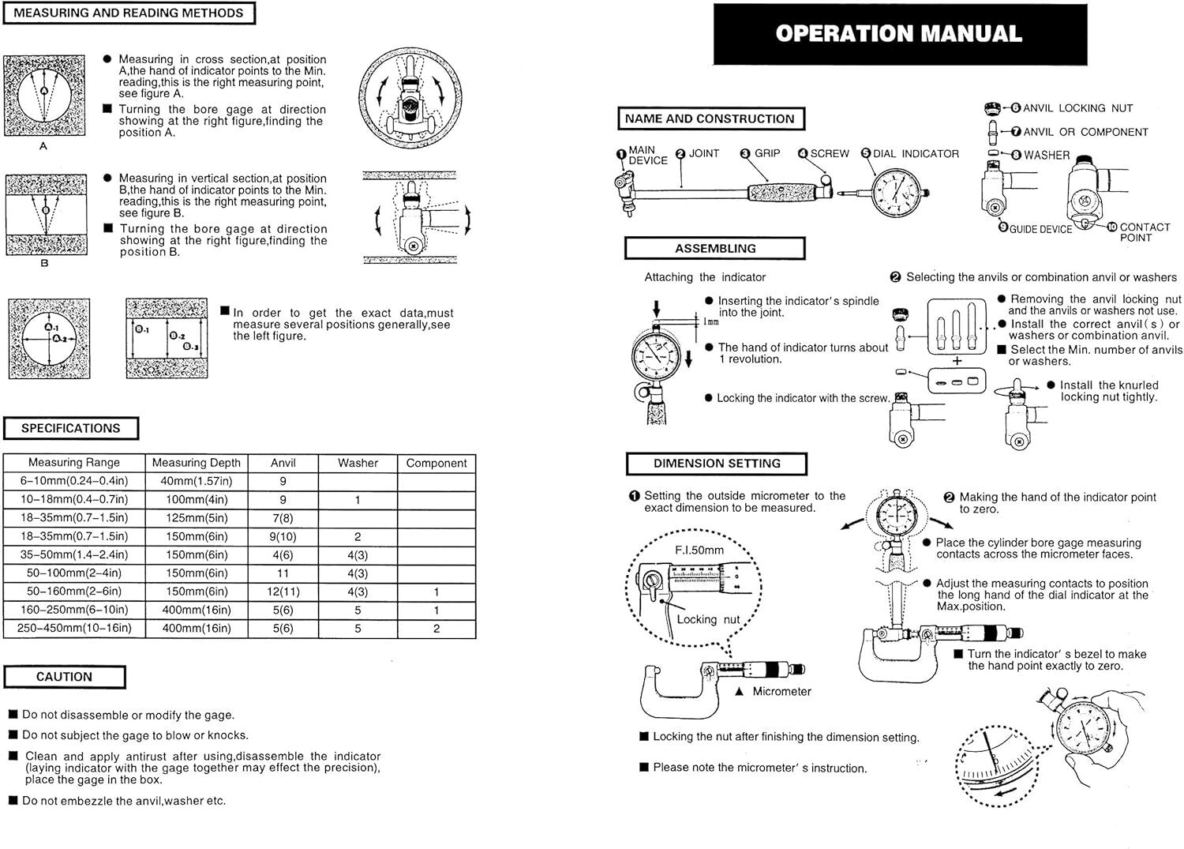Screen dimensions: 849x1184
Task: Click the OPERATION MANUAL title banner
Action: pos(898,34)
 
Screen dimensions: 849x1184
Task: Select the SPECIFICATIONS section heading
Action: pos(70,428)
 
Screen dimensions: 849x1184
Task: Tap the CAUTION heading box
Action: pos(64,677)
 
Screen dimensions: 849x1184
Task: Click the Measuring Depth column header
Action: pos(196,463)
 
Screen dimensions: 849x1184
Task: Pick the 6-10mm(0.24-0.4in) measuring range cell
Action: pos(73,481)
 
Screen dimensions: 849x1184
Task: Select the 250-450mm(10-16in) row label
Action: pos(73,629)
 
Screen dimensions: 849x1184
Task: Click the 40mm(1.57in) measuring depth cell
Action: pos(196,481)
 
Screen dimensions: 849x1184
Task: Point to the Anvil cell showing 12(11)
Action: pos(283,592)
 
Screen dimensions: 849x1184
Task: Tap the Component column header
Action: pos(436,463)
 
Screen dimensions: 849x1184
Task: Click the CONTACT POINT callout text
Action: pos(1144,232)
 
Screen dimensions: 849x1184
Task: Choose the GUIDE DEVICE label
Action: pos(1040,229)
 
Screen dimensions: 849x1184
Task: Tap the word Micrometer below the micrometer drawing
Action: pos(781,691)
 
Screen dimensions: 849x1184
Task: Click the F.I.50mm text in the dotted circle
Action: pos(699,550)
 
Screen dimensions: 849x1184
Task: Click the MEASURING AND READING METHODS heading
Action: pos(128,13)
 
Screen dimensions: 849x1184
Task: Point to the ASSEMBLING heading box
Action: pos(714,248)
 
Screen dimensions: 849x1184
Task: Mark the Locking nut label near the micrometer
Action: pos(708,619)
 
